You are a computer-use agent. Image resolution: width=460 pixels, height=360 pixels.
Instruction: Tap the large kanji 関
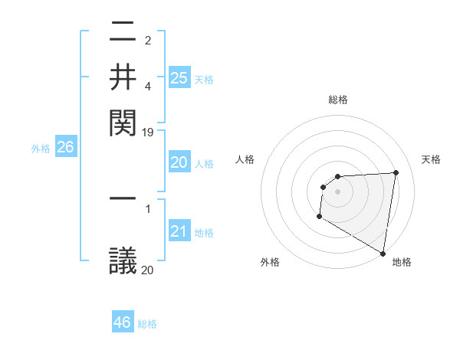click(x=123, y=121)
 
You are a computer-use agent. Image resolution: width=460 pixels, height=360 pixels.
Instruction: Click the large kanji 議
click(x=123, y=261)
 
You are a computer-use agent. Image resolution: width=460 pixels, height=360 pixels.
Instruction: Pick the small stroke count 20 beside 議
click(x=148, y=270)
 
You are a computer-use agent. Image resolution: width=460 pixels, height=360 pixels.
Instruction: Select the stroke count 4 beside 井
click(x=148, y=87)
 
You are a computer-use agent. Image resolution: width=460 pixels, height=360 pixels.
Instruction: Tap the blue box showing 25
click(x=179, y=77)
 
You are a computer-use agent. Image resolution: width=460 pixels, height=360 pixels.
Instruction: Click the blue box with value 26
click(x=65, y=148)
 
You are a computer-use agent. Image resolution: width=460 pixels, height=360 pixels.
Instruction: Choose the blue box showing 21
click(x=179, y=231)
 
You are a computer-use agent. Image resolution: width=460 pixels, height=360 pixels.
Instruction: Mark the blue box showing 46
click(x=123, y=322)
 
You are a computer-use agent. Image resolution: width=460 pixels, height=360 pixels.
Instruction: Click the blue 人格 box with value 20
click(x=179, y=162)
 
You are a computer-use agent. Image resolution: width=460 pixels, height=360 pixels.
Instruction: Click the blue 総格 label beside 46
click(x=147, y=324)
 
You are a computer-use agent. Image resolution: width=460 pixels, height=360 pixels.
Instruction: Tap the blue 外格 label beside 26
click(x=41, y=149)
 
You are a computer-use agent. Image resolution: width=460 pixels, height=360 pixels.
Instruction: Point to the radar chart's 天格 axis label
click(x=431, y=159)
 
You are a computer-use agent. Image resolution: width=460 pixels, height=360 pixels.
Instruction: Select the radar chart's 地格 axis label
click(x=402, y=262)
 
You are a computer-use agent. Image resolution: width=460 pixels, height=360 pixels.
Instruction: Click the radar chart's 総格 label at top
click(x=337, y=100)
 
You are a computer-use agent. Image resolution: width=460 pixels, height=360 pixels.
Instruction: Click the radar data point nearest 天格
click(x=396, y=172)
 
